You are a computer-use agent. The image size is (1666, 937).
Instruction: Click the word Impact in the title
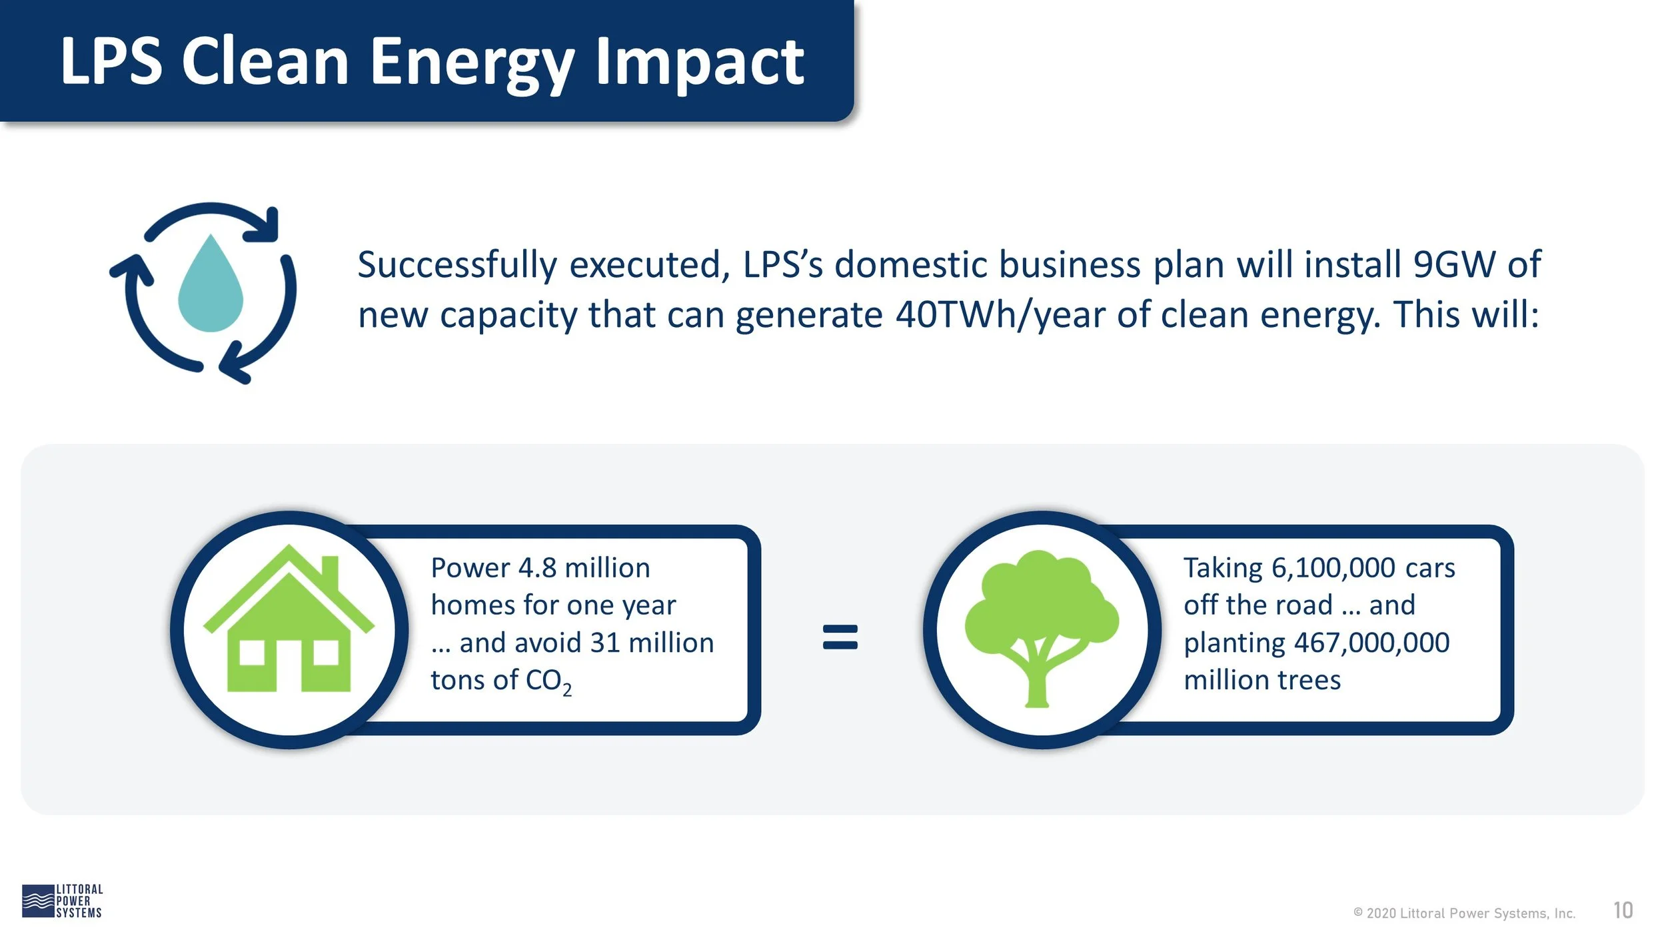tap(700, 63)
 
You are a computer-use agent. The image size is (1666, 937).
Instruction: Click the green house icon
tap(289, 618)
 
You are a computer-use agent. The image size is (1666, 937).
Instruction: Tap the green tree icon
tap(1042, 628)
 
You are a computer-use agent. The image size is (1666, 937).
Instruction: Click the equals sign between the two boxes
tap(840, 636)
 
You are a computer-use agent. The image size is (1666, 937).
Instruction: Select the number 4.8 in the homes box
tap(537, 568)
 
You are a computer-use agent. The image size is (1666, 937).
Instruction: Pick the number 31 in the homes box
tap(605, 643)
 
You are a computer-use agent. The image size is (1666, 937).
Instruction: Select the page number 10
tap(1623, 910)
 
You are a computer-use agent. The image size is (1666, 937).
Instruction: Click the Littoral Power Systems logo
tap(62, 901)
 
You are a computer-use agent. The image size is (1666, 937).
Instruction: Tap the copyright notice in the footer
tap(1464, 914)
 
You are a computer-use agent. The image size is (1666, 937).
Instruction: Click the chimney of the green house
tap(330, 575)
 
